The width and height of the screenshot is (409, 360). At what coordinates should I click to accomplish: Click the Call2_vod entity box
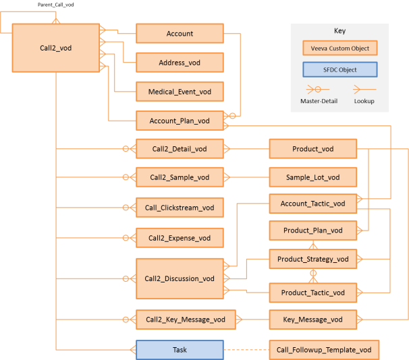tap(56, 48)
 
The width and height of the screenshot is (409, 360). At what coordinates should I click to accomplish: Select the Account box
tap(180, 34)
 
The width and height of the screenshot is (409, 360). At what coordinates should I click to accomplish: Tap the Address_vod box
tap(180, 63)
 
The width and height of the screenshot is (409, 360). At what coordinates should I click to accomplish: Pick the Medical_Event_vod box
tap(180, 92)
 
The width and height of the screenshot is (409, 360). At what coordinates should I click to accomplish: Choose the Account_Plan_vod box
tap(180, 121)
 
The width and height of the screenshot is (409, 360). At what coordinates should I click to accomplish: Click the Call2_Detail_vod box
tap(180, 149)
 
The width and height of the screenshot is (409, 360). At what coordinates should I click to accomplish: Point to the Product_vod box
tap(312, 149)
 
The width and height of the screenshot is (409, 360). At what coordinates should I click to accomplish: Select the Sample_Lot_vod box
tap(312, 178)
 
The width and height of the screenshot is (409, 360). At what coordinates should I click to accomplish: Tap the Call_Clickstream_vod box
tap(180, 208)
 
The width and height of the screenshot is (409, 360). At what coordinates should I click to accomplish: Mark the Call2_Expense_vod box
tap(180, 238)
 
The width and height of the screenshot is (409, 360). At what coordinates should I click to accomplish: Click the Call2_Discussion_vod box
tap(180, 278)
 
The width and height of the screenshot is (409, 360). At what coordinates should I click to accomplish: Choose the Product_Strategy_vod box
tap(312, 259)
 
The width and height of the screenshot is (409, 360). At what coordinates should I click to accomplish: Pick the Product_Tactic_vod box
tap(312, 293)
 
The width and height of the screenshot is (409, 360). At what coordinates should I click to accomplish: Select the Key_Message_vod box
tap(312, 320)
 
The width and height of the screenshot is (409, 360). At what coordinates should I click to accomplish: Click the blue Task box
tap(180, 350)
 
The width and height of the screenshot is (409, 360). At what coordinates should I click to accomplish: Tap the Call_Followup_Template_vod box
tap(324, 350)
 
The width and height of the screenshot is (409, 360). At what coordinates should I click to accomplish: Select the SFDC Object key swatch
tap(339, 69)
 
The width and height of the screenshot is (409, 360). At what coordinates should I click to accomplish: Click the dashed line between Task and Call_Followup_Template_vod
tap(246, 350)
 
